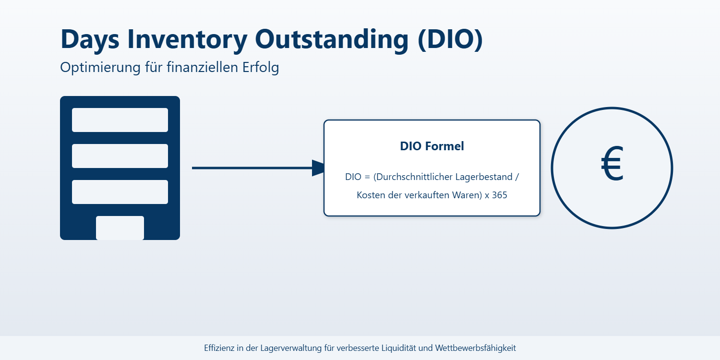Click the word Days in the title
(90, 39)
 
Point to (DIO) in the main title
(450, 39)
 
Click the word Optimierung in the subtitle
(99, 68)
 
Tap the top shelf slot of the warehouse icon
(120, 120)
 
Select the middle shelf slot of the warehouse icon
(120, 156)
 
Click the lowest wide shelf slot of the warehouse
(120, 192)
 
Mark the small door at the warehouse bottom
(120, 228)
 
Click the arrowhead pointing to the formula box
(319, 168)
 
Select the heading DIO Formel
(432, 146)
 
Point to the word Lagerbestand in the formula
(484, 177)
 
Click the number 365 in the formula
(500, 195)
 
